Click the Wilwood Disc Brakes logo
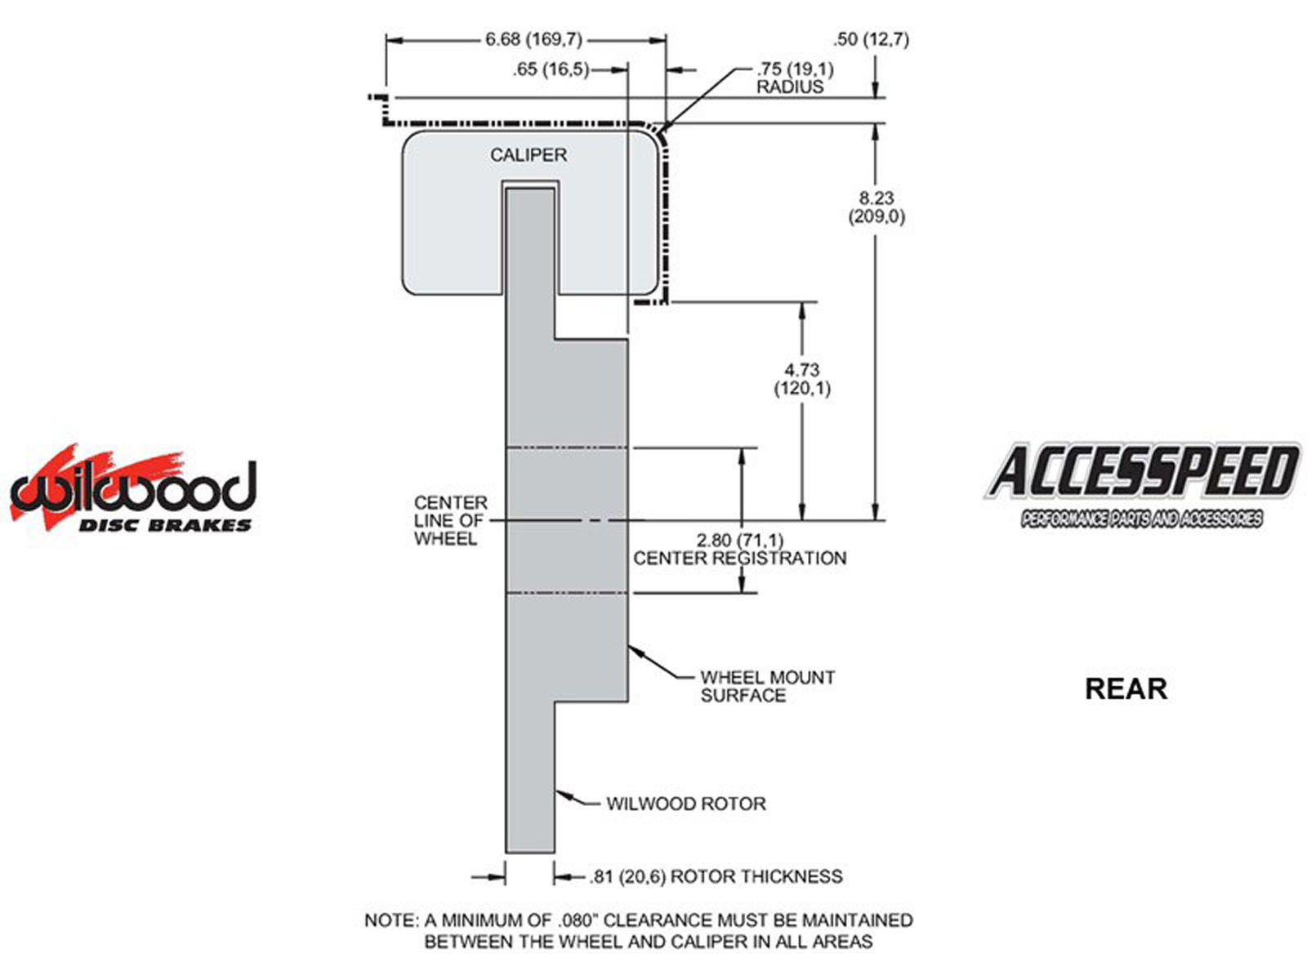pos(132,488)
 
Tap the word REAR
pos(1126,688)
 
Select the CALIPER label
pos(528,155)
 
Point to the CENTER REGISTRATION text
pos(739,559)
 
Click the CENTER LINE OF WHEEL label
pos(450,520)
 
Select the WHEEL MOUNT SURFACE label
pos(767,686)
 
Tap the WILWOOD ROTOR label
pos(686,804)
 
